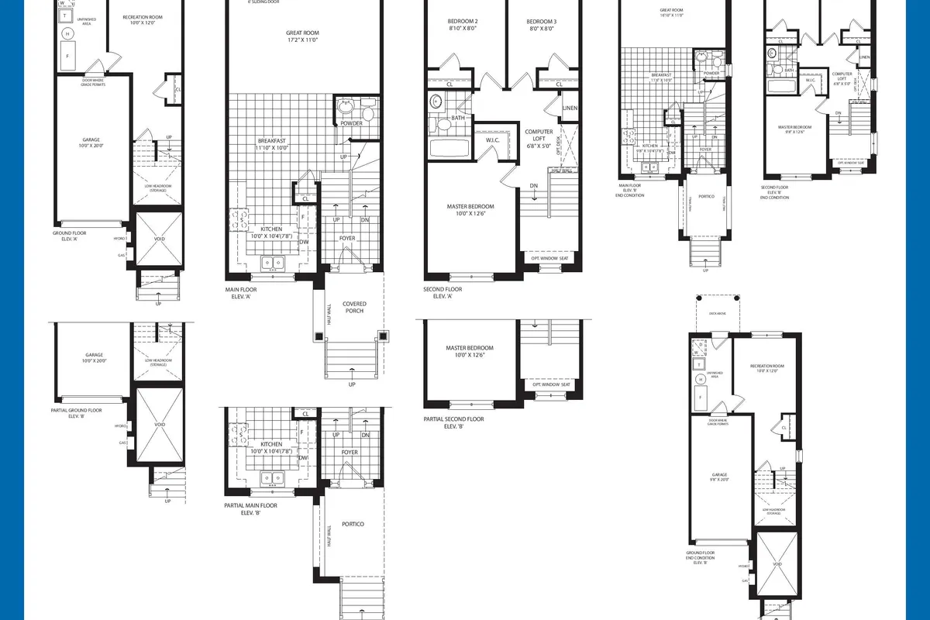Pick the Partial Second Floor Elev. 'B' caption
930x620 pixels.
[453, 422]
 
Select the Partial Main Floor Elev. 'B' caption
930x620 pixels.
[250, 509]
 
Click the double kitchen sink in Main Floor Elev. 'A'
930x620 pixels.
[272, 263]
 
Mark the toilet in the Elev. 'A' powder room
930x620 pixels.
[367, 115]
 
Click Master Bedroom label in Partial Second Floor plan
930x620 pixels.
[470, 352]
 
